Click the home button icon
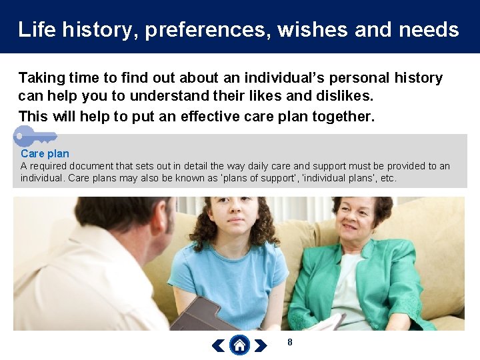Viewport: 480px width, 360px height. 239,345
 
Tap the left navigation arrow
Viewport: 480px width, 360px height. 219,345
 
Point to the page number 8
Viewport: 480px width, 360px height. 289,342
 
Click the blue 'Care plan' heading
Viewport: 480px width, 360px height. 45,153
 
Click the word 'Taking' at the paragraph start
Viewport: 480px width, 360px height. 41,78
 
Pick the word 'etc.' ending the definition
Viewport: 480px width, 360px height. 387,178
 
